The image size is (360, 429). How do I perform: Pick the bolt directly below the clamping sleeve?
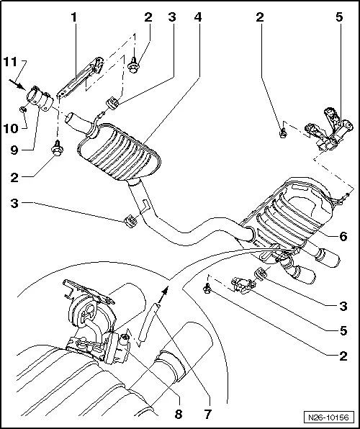(x=56, y=150)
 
